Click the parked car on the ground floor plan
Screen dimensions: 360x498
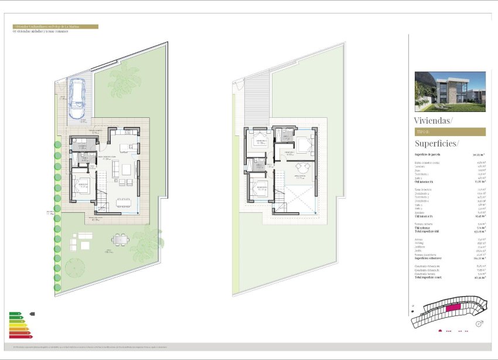pos(77,99)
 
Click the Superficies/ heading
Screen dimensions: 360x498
pos(437,143)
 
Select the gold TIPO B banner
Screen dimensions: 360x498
pos(450,132)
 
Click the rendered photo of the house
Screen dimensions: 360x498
pos(450,91)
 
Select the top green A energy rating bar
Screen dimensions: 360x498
pos(15,314)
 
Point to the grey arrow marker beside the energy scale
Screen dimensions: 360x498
pos(32,314)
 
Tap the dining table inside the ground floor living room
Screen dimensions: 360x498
pos(124,202)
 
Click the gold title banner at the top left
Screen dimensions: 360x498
pos(55,26)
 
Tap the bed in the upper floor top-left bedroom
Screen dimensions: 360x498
pos(260,141)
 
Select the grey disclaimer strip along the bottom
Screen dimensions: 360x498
pos(249,347)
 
